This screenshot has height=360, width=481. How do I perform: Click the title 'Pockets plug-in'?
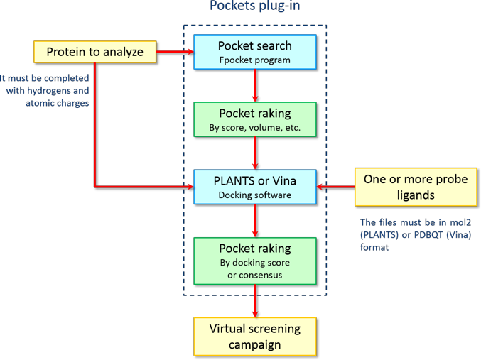pos(254,7)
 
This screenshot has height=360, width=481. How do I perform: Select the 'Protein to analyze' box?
pos(94,52)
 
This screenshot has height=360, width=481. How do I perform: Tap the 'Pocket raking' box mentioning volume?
pos(254,120)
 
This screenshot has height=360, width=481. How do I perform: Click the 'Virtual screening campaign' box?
pos(254,337)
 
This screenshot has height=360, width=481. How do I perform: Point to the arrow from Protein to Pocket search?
pos(175,52)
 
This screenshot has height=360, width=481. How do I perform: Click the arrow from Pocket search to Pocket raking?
pos(254,86)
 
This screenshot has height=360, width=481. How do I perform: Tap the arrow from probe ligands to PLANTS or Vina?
pos(338,188)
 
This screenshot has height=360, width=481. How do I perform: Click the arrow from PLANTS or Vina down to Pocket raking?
pos(254,222)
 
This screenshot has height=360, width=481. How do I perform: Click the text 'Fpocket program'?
pos(254,60)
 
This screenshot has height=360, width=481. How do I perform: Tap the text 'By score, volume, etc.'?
pos(254,129)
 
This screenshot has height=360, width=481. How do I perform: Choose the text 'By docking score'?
pos(254,263)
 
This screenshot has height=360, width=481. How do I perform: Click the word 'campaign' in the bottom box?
pos(254,344)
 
